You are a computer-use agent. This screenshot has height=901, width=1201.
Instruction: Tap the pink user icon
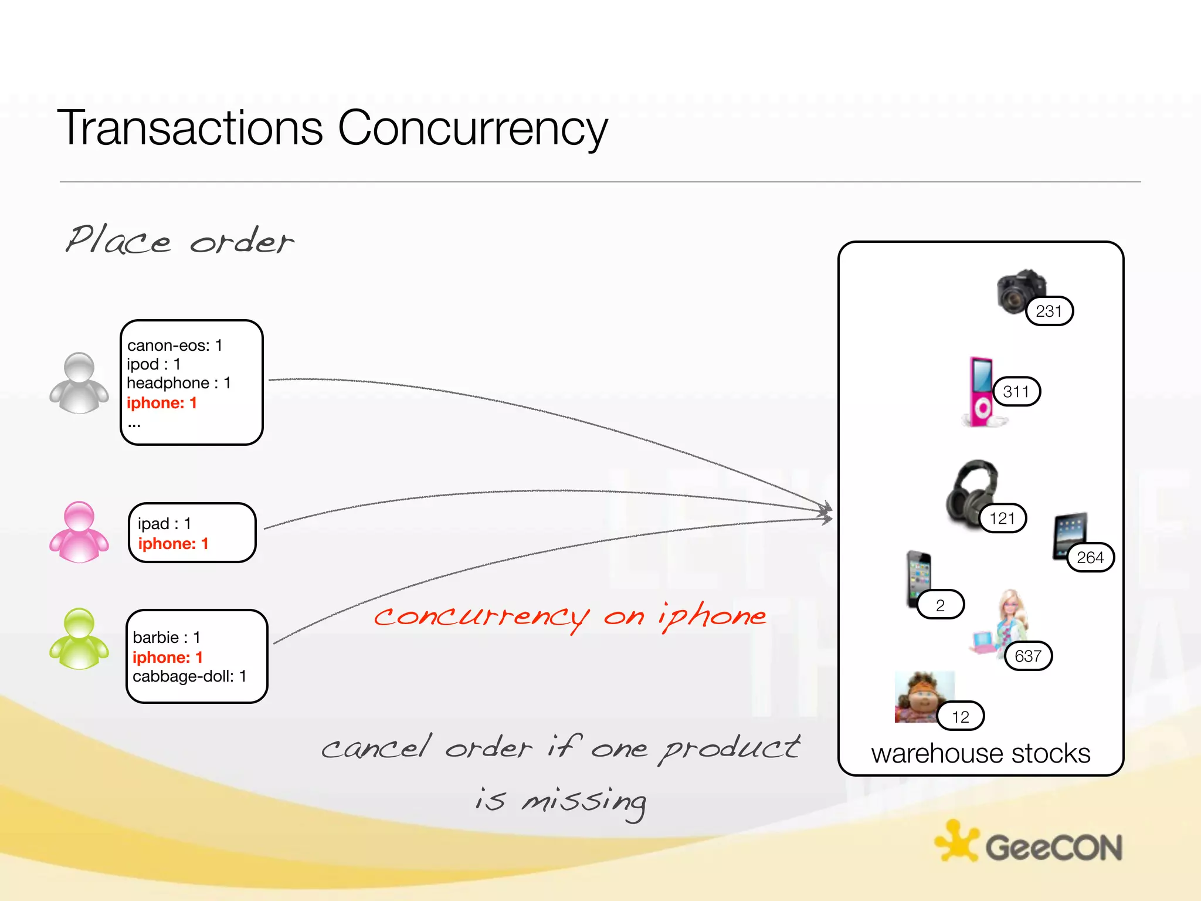pyautogui.click(x=79, y=532)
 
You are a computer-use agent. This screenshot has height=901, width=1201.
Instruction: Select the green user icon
pyautogui.click(x=79, y=639)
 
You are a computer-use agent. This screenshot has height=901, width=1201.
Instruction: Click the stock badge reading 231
pyautogui.click(x=1049, y=311)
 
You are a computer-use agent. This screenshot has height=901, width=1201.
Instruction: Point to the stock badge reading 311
pyautogui.click(x=1016, y=391)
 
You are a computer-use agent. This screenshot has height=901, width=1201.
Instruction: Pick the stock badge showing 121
pyautogui.click(x=1002, y=518)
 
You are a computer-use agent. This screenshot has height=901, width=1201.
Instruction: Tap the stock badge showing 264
pyautogui.click(x=1090, y=557)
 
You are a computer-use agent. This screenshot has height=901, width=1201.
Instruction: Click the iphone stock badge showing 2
pyautogui.click(x=941, y=605)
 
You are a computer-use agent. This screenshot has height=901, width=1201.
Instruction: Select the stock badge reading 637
pyautogui.click(x=1028, y=656)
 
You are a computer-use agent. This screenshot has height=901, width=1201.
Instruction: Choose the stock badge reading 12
pyautogui.click(x=961, y=716)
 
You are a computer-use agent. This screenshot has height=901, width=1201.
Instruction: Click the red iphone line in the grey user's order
pyautogui.click(x=161, y=403)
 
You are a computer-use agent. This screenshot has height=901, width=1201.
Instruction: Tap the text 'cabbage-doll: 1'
pyautogui.click(x=189, y=676)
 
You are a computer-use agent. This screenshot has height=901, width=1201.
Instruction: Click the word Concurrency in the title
pyautogui.click(x=473, y=128)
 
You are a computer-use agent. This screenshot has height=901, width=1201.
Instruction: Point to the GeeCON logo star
pyautogui.click(x=956, y=842)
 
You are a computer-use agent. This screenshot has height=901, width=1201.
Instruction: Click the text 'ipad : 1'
pyautogui.click(x=164, y=523)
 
